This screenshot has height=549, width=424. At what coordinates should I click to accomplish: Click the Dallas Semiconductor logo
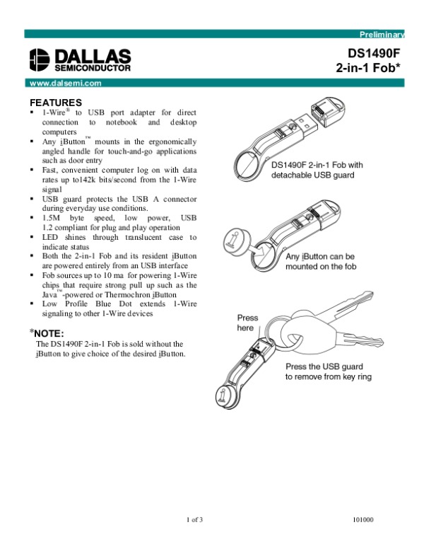click(80, 60)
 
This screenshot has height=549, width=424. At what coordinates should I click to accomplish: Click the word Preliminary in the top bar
click(382, 34)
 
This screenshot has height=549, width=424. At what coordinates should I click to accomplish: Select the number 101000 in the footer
click(362, 521)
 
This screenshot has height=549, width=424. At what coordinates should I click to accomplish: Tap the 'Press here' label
click(247, 323)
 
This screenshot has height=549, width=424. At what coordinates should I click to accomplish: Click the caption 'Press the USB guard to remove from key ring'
click(329, 372)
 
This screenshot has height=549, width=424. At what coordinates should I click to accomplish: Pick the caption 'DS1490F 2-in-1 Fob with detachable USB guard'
click(317, 170)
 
